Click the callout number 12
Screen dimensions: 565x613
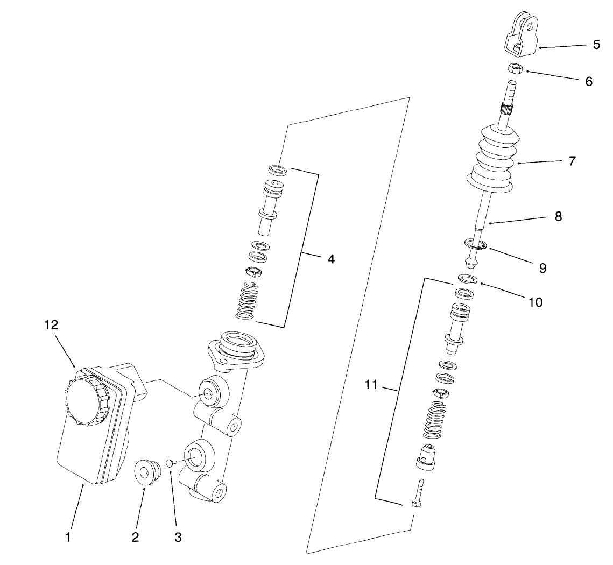coord(51,325)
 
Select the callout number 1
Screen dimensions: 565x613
coord(68,536)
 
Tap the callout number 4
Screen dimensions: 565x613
coord(330,259)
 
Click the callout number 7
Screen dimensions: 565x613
coord(572,160)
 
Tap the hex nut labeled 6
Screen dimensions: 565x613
coord(516,68)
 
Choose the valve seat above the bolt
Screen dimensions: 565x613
coord(425,455)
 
